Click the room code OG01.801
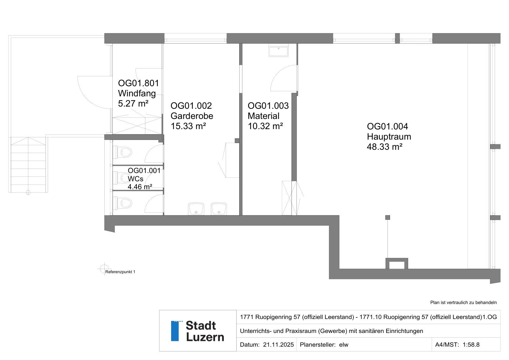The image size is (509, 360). pyautogui.click(x=138, y=83)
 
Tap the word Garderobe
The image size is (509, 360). pyautogui.click(x=192, y=116)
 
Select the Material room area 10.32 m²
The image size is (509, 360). pyautogui.click(x=265, y=126)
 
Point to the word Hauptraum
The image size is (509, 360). pyautogui.click(x=389, y=136)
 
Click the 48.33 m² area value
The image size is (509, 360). pyautogui.click(x=385, y=147)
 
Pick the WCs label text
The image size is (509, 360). pyautogui.click(x=136, y=179)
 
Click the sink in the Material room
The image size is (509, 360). pyautogui.click(x=278, y=50)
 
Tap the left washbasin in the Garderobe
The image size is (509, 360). pyautogui.click(x=196, y=209)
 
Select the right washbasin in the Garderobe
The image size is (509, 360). pyautogui.click(x=219, y=209)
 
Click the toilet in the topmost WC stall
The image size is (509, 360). pyautogui.click(x=123, y=152)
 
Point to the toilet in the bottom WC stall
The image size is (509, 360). pyautogui.click(x=123, y=203)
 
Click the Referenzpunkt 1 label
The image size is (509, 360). pyautogui.click(x=120, y=272)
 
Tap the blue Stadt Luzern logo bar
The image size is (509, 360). pyautogui.click(x=175, y=331)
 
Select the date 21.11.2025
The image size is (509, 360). pyautogui.click(x=278, y=344)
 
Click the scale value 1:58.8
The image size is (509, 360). pyautogui.click(x=471, y=344)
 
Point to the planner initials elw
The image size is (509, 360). pyautogui.click(x=344, y=344)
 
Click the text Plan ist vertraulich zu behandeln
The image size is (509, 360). pyautogui.click(x=464, y=302)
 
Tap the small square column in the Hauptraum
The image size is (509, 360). pyautogui.click(x=388, y=218)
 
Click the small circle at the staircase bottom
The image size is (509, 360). pyautogui.click(x=28, y=193)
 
